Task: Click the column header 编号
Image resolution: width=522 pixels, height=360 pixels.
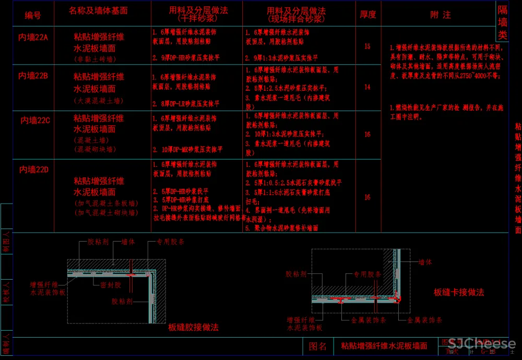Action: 33,15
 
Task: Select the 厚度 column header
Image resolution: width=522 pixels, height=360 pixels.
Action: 368,15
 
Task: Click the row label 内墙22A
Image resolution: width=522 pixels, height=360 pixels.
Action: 33,37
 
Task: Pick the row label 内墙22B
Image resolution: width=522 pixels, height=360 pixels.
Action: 33,76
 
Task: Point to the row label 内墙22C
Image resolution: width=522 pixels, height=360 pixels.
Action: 35,121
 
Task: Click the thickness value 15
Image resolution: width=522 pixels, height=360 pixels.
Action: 367,46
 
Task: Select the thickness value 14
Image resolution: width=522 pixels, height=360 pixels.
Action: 367,87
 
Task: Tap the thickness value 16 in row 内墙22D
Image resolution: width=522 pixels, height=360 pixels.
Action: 367,197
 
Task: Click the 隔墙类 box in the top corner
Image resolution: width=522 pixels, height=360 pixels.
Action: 502,22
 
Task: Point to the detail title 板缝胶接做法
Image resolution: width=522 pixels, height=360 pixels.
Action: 193,328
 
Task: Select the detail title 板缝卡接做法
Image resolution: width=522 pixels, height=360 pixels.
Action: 459,292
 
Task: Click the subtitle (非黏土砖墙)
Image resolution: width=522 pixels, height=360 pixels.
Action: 99,59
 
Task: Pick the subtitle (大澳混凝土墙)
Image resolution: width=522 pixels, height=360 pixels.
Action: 99,101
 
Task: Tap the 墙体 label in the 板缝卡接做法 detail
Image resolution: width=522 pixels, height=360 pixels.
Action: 425,262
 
